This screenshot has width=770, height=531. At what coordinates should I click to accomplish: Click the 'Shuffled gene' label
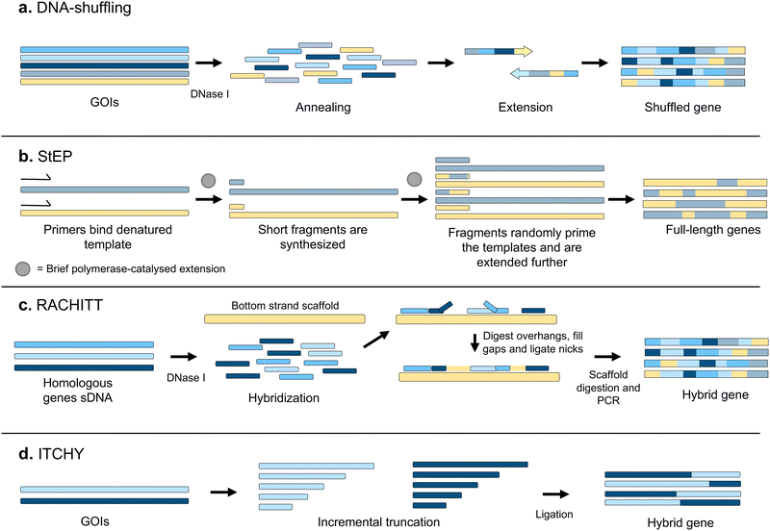tap(681, 107)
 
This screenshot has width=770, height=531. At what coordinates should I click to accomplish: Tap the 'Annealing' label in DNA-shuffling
tap(322, 107)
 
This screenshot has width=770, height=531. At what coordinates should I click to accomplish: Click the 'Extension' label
tap(525, 107)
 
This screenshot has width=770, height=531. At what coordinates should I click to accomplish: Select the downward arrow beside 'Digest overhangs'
tap(475, 341)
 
